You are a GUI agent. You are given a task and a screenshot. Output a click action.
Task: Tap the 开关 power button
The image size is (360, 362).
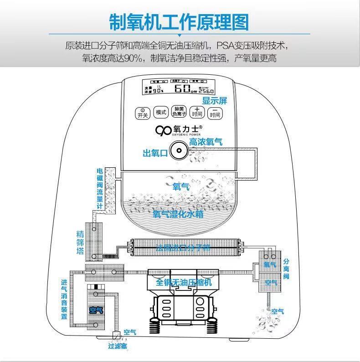(x=143, y=113)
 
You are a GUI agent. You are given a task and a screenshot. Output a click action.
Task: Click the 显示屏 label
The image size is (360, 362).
(x=215, y=101)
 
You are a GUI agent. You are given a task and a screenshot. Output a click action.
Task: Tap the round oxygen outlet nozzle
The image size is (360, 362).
(x=178, y=150)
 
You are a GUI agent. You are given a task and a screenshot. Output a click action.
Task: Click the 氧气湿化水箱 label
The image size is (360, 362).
(x=178, y=214)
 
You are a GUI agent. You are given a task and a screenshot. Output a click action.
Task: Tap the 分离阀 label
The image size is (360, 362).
(x=286, y=269)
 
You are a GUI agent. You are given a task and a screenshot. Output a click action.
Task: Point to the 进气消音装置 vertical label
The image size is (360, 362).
(x=64, y=298)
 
